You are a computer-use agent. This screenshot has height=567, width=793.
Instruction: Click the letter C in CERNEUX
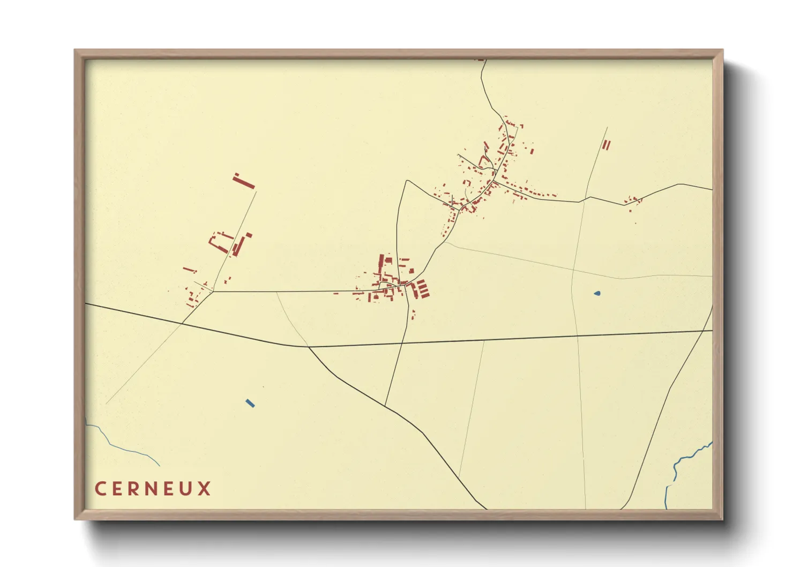click(x=100, y=489)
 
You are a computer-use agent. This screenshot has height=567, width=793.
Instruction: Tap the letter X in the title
click(x=204, y=489)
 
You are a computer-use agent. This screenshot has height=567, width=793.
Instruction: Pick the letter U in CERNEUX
click(x=187, y=489)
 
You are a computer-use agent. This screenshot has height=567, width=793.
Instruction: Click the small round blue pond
click(x=597, y=293)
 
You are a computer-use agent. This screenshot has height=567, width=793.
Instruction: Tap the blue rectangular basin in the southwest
click(x=250, y=403)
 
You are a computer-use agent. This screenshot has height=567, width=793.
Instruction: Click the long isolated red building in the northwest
click(x=244, y=181)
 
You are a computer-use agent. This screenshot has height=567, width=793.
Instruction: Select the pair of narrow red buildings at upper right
click(x=606, y=145)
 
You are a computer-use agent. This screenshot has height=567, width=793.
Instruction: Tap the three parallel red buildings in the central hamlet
click(x=422, y=289)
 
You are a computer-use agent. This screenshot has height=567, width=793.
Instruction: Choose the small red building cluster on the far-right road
click(x=633, y=202)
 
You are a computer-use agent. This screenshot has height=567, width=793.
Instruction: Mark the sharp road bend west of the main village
click(x=407, y=181)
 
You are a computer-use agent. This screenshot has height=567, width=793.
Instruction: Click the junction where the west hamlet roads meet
click(x=213, y=292)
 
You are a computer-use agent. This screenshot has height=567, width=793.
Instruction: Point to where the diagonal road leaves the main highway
click(x=309, y=347)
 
